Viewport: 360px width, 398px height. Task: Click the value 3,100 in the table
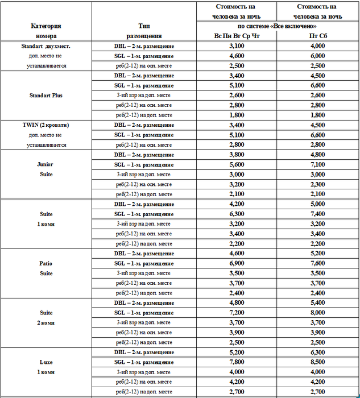237,45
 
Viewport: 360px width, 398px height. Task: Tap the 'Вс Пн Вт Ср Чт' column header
237,36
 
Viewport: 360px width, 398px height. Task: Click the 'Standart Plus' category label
46,95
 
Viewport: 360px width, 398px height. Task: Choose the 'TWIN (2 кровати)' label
46,125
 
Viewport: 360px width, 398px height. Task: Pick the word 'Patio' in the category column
46,263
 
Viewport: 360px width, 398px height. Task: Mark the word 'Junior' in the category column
46,164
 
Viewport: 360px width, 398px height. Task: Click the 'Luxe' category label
46,362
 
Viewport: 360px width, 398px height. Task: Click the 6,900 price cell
237,263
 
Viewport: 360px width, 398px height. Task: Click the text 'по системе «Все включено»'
277,26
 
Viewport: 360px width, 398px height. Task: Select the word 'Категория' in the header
46,26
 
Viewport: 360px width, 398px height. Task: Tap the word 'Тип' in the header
144,26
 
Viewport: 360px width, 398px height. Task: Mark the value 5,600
237,164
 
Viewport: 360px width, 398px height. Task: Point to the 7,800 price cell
237,362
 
